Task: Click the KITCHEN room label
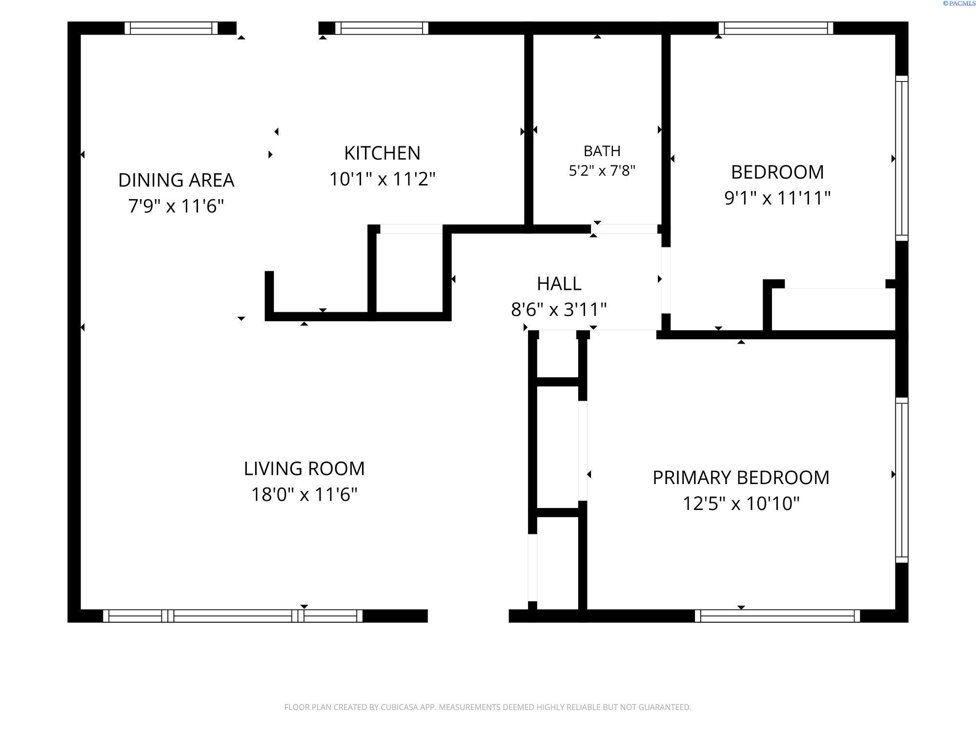(382, 153)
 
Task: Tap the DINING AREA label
(176, 180)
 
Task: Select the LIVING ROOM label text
(304, 468)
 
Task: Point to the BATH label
(602, 151)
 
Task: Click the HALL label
(559, 284)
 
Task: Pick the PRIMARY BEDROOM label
(741, 477)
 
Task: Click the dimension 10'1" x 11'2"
(382, 179)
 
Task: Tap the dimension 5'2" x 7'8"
(602, 171)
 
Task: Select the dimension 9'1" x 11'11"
(777, 198)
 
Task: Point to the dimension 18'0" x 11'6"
(304, 494)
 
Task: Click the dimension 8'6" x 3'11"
(559, 309)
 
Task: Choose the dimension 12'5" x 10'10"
(741, 503)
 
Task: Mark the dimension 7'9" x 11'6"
(176, 206)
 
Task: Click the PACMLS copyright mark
(959, 3)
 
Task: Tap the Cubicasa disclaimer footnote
(488, 707)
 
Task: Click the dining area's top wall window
(171, 28)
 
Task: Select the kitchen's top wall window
(382, 28)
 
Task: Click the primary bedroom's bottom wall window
(777, 616)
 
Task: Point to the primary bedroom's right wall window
(902, 480)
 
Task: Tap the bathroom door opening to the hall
(624, 229)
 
